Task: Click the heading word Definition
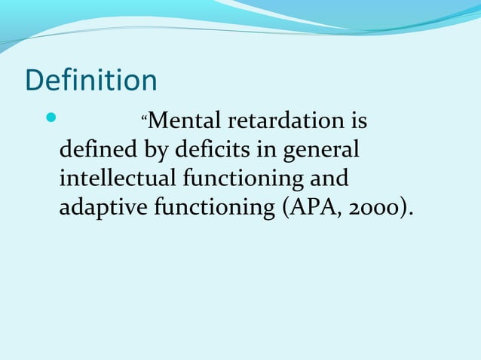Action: coord(91,81)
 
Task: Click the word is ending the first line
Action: coord(357,121)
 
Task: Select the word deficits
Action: coord(216,150)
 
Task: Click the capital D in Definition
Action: coord(35,81)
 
